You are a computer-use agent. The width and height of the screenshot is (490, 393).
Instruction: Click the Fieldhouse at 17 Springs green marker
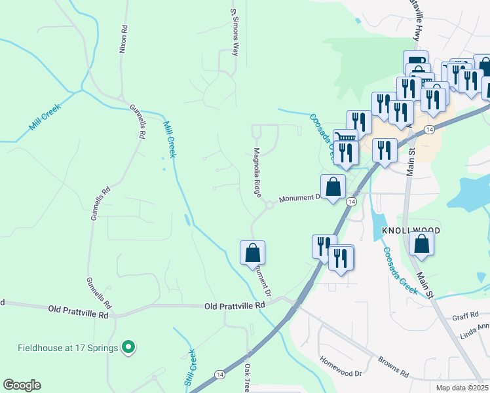click(129, 347)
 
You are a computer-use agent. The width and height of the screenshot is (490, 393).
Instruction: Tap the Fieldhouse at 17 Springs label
click(68, 347)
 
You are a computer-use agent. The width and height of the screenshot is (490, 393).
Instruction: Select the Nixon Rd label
click(122, 39)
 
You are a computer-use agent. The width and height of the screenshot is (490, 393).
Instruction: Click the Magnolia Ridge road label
click(257, 172)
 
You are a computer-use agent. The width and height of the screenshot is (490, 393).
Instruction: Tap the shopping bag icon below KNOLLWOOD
click(421, 244)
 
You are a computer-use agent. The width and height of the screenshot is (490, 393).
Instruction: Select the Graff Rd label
click(466, 317)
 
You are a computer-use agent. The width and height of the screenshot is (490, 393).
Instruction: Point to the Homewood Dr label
click(341, 367)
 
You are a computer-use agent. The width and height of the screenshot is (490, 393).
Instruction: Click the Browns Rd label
click(393, 367)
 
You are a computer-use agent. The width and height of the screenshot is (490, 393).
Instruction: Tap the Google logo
click(22, 385)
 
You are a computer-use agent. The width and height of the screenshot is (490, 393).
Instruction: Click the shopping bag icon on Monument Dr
click(333, 187)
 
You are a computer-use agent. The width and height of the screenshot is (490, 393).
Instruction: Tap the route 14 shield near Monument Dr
click(352, 202)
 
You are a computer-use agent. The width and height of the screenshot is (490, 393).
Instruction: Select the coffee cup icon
click(416, 61)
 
